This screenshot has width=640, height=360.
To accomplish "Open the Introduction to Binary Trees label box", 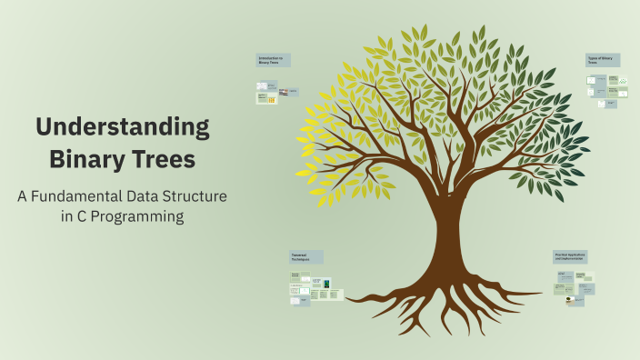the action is point(273,60).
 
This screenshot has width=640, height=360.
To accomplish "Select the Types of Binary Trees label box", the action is point(604,60).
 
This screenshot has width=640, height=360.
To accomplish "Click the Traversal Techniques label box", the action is point(306,257).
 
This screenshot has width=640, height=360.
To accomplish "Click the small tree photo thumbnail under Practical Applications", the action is point(568,299).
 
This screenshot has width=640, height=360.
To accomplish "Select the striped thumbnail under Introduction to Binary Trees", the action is point(284,92).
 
